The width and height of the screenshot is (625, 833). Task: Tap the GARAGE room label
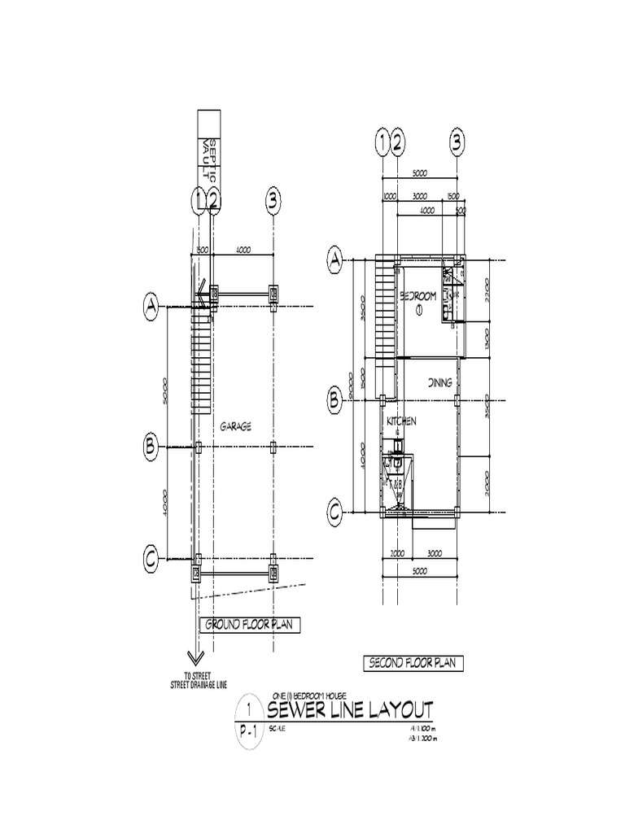click(x=235, y=425)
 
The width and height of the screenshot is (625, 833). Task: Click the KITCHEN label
click(x=401, y=421)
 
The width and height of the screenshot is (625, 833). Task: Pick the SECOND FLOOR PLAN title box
click(x=413, y=664)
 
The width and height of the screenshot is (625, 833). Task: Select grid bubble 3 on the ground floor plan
click(x=273, y=199)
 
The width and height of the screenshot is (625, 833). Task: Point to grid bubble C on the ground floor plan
click(x=151, y=559)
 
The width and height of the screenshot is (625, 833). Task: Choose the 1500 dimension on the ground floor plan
click(x=203, y=250)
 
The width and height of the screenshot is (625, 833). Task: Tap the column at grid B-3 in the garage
click(x=274, y=447)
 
